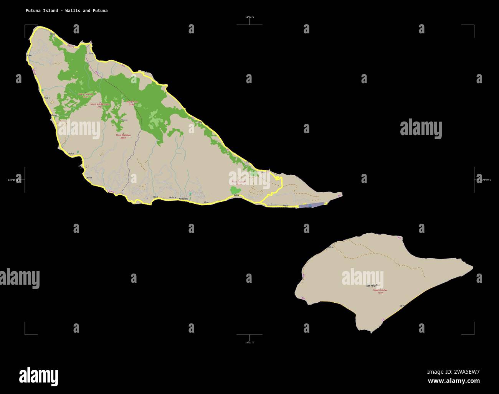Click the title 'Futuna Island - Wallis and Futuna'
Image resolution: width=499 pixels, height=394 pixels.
pos(66,11)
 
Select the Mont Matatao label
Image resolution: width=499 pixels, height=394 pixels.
pos(123,135)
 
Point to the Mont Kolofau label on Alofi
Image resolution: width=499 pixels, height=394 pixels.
pos(380,290)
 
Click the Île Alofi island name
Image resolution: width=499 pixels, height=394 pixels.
pos(372,285)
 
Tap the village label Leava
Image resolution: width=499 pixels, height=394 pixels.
pos(89,178)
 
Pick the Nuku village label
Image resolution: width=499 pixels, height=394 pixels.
pos(71,153)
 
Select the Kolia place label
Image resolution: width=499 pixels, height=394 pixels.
pos(236,195)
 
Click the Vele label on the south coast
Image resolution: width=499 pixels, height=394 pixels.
pos(285,206)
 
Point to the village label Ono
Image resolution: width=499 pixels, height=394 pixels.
pos(206,202)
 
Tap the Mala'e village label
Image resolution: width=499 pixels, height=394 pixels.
pos(173,198)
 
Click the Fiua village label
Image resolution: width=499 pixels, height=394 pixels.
pos(46,98)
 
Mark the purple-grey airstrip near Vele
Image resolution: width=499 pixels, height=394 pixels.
pos(311,206)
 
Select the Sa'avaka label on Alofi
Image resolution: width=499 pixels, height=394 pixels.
pos(402,306)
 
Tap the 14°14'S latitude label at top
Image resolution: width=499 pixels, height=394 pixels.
pos(249,17)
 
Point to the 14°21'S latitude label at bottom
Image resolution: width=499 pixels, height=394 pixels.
pos(249,342)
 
